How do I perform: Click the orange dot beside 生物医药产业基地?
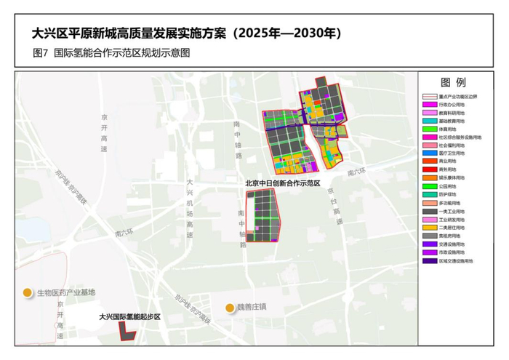[x=27, y=292]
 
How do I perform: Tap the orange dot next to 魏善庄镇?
[x=231, y=307]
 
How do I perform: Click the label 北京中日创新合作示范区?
[x=283, y=184]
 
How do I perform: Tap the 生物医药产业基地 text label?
[x=66, y=292]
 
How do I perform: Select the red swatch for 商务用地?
[x=429, y=169]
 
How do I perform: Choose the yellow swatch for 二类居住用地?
[x=429, y=228]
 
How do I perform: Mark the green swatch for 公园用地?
[x=429, y=186]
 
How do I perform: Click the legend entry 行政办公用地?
[x=453, y=105]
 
